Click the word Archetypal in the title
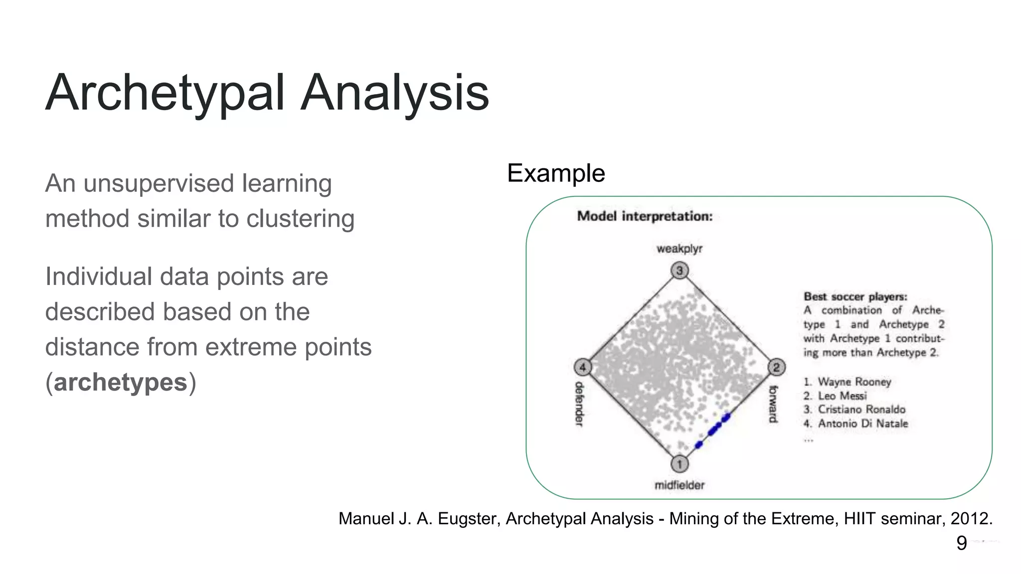(x=165, y=93)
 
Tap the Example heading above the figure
(x=556, y=173)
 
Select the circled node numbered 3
(x=679, y=271)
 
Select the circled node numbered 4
(x=582, y=368)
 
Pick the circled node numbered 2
(x=776, y=368)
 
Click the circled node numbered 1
(x=679, y=464)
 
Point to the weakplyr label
(x=679, y=249)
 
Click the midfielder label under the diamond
(x=679, y=485)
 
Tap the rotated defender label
(x=579, y=404)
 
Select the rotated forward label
(x=773, y=404)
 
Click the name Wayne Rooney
(x=854, y=382)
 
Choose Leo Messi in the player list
(x=842, y=396)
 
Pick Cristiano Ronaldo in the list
(x=861, y=410)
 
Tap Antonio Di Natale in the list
(x=862, y=424)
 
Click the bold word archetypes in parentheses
(x=121, y=383)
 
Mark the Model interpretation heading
(x=645, y=216)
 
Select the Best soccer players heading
(x=855, y=296)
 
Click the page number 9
(x=961, y=543)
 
